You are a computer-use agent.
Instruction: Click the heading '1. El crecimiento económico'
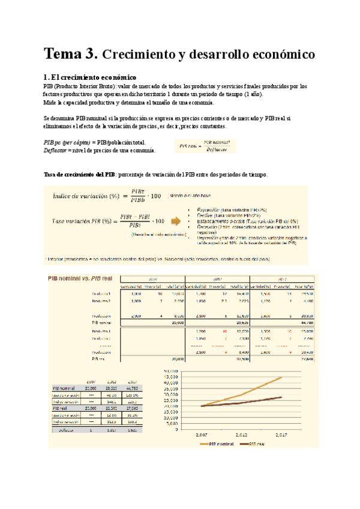[90, 77]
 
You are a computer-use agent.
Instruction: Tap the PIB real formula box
[205, 146]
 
